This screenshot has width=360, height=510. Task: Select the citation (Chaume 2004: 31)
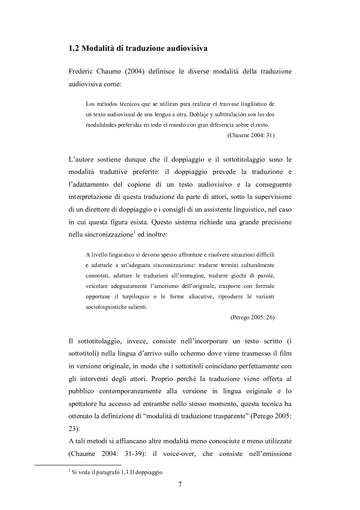coord(250,135)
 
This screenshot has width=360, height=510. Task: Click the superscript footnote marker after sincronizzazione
coord(139,221)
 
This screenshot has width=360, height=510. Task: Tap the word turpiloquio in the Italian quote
coord(131,297)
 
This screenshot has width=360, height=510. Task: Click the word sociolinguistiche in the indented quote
coord(109,307)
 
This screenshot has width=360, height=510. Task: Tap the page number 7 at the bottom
coord(180,485)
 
